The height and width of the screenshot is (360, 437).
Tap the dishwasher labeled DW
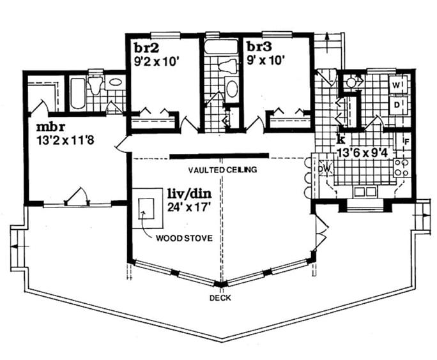pyautogui.click(x=325, y=168)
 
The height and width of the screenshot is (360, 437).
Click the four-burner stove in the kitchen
pyautogui.click(x=401, y=168)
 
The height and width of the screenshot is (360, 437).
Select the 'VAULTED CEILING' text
pyautogui.click(x=222, y=170)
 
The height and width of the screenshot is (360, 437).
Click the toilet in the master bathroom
pyautogui.click(x=96, y=86)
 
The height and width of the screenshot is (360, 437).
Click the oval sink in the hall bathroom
pyautogui.click(x=231, y=89)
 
